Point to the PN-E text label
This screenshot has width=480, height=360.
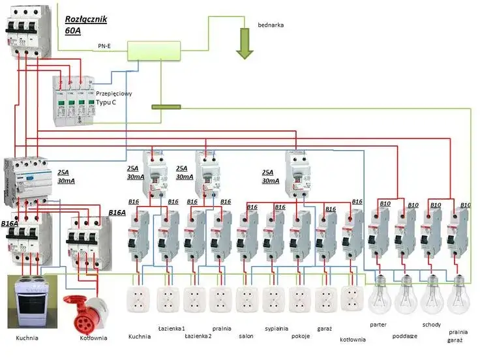[104, 46]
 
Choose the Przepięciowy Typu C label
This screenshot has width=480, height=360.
[110, 98]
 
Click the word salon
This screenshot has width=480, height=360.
[247, 336]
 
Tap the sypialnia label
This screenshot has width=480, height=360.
[277, 329]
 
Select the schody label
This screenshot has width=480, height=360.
[432, 324]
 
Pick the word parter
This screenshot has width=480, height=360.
[378, 324]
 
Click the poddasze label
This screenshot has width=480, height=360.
[405, 337]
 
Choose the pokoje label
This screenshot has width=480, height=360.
[301, 336]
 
